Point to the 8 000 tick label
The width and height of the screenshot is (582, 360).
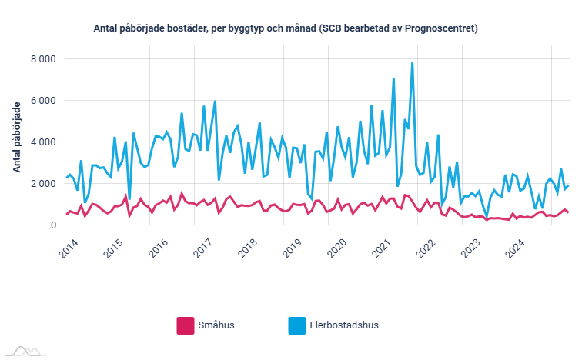point(42,59)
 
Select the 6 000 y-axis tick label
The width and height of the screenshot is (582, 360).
point(42,101)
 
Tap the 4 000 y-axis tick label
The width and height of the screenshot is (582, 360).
point(42,142)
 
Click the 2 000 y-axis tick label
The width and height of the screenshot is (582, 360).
point(42,184)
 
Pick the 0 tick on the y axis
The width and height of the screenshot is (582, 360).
point(52,225)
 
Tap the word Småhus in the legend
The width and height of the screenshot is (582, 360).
point(216,325)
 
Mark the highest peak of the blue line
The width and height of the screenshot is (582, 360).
point(413,63)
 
